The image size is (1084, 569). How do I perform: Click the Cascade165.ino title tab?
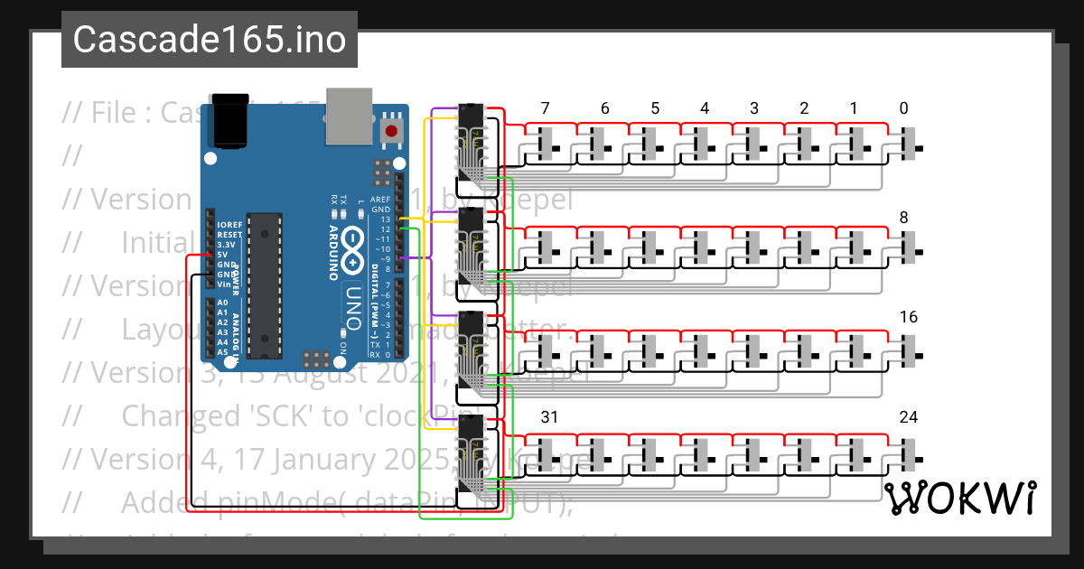pyautogui.click(x=209, y=40)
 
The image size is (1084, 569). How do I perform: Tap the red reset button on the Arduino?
pyautogui.click(x=392, y=130)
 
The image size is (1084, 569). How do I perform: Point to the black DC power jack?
pyautogui.click(x=229, y=119)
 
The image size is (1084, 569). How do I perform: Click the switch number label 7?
pyautogui.click(x=545, y=109)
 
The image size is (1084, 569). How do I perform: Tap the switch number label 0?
pyautogui.click(x=904, y=109)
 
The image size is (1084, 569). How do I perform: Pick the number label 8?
pyautogui.click(x=904, y=218)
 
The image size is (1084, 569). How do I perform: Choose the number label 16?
pyautogui.click(x=909, y=317)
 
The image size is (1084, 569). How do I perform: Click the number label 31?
pyautogui.click(x=549, y=417)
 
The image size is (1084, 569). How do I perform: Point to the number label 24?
pyautogui.click(x=909, y=417)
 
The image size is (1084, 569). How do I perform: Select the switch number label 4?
pyautogui.click(x=705, y=109)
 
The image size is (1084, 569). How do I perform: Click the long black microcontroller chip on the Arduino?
pyautogui.click(x=265, y=285)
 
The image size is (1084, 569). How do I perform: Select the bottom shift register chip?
pyautogui.click(x=472, y=461)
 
